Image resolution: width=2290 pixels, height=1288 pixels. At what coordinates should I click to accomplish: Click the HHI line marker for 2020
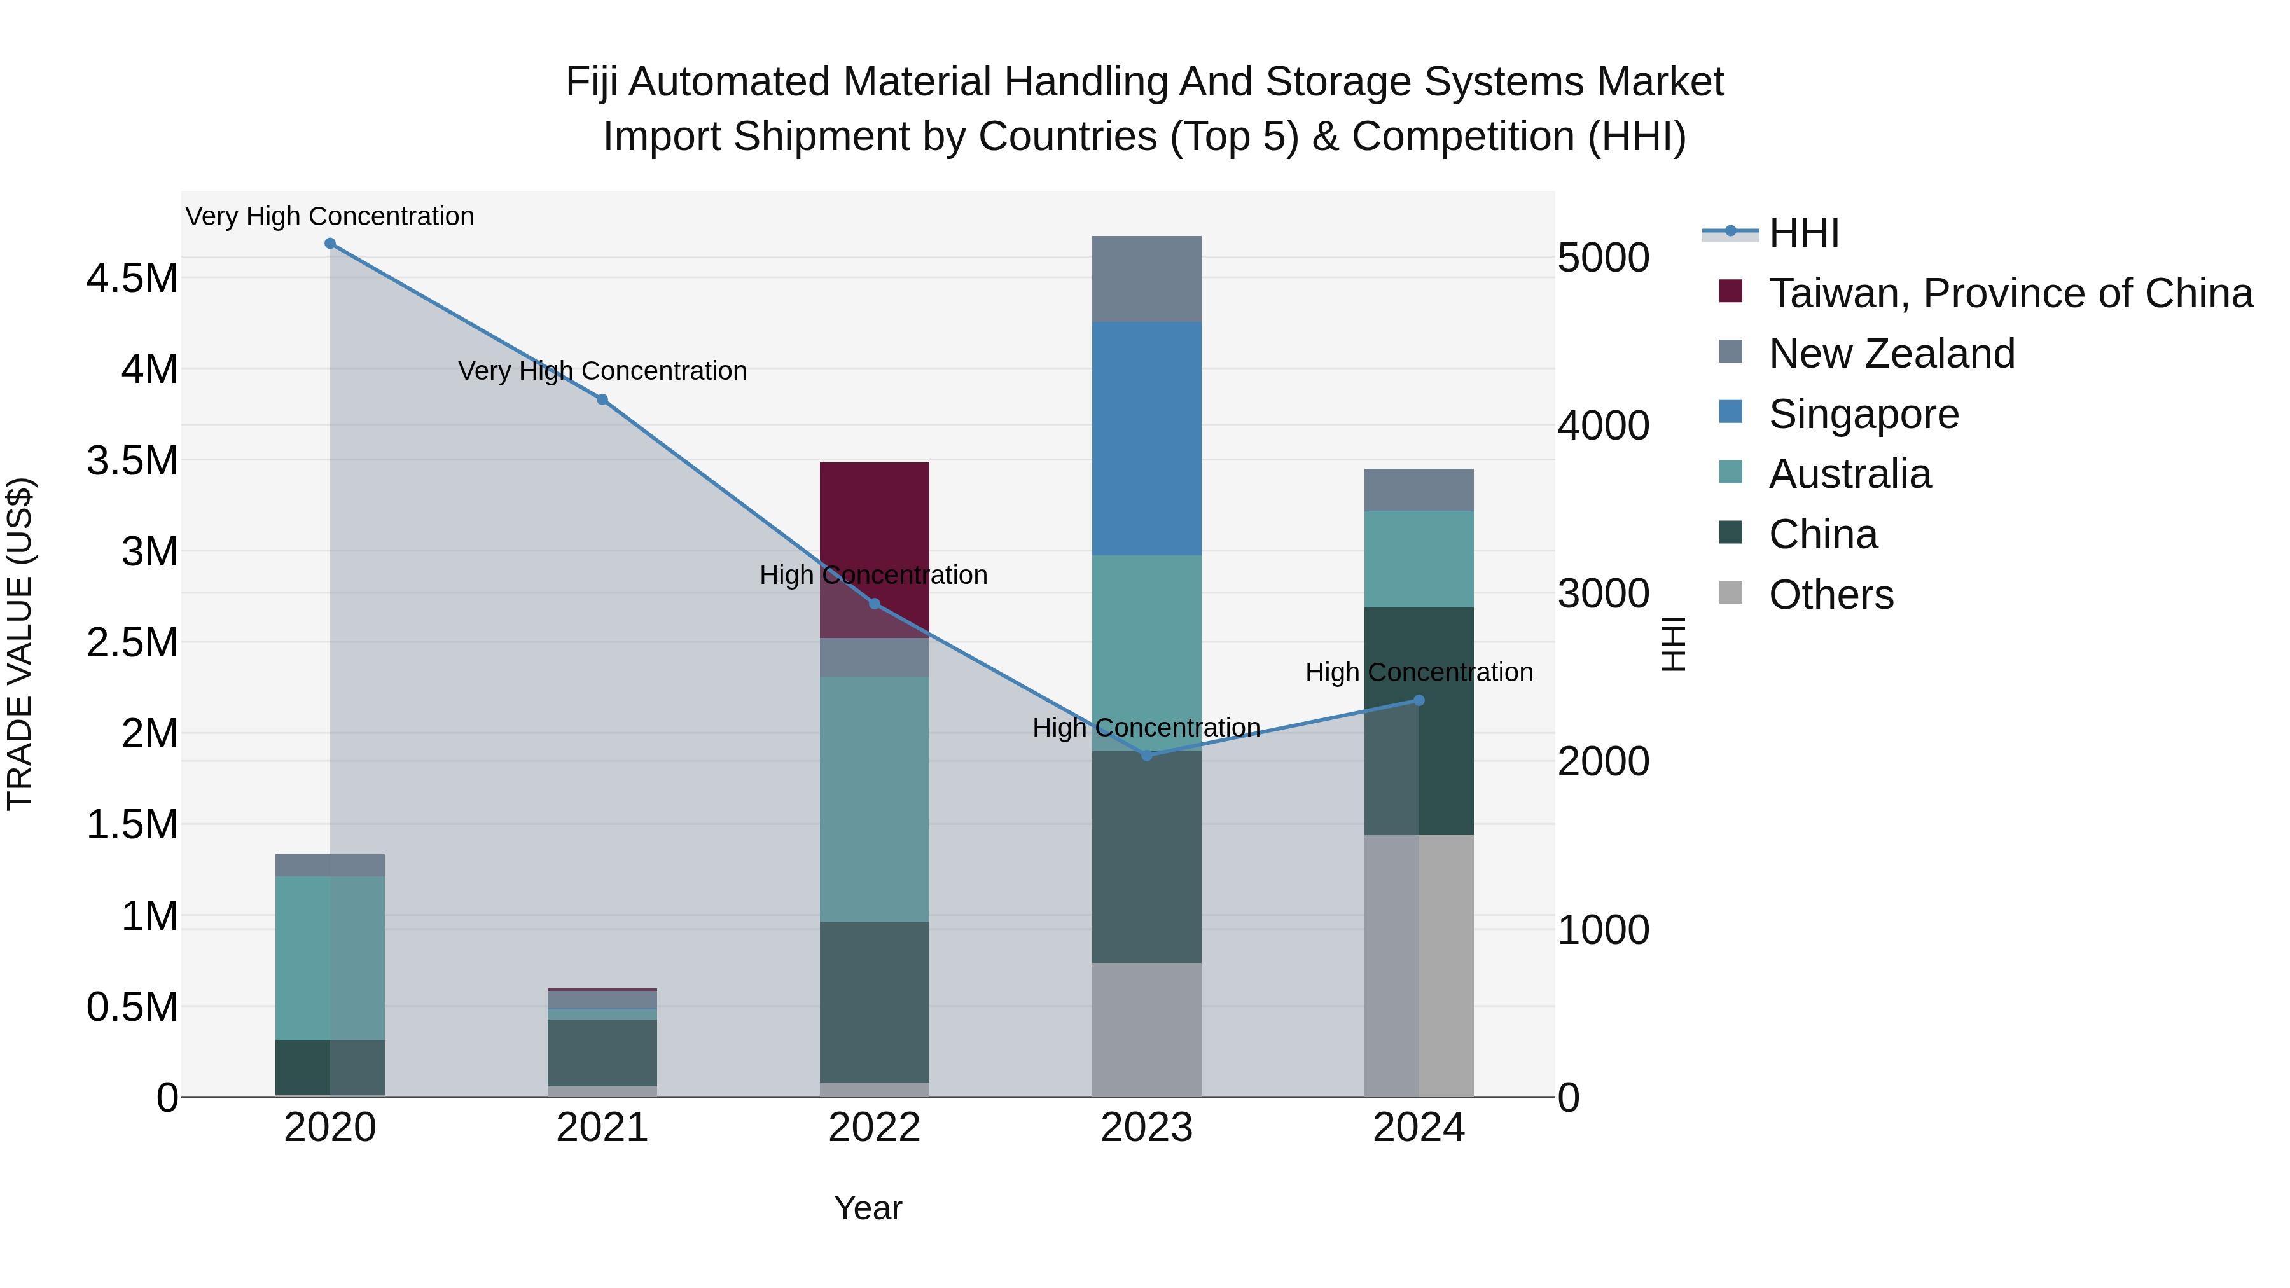[330, 244]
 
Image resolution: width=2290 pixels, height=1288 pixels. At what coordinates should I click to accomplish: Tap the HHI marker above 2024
[1419, 700]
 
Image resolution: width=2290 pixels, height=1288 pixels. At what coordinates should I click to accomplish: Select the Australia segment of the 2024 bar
[1419, 559]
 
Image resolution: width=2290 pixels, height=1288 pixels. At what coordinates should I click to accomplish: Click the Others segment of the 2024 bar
[1419, 966]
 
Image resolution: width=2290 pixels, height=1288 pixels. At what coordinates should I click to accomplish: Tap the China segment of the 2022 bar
[874, 1002]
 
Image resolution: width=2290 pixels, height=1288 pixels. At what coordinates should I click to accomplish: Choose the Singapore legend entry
[1863, 414]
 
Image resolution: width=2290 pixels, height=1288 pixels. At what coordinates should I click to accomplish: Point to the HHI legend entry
[1803, 233]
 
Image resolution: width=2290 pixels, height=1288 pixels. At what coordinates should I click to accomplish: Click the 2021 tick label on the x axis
[602, 1128]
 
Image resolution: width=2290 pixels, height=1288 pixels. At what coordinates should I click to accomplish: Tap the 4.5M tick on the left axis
[132, 278]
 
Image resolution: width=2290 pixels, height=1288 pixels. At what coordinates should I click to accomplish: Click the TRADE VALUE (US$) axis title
[20, 644]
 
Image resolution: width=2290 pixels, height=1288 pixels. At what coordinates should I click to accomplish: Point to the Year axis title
[868, 1208]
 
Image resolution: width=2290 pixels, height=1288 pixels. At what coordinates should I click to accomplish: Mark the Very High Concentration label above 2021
[602, 371]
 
